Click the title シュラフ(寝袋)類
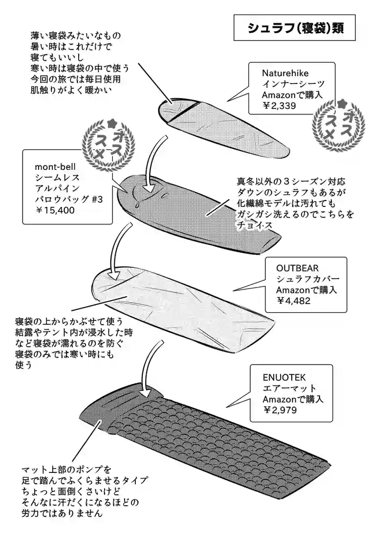click(295, 28)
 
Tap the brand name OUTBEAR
click(297, 268)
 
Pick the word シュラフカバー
click(308, 279)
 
